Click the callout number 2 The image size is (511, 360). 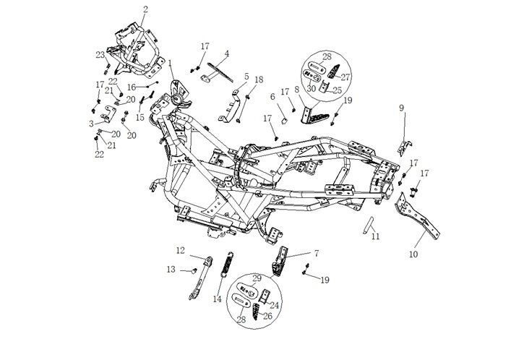click(145, 9)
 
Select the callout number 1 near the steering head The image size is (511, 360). click(171, 63)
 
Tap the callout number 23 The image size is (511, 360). click(100, 55)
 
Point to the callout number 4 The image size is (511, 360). click(226, 53)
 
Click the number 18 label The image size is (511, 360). click(259, 80)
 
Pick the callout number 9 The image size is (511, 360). click(402, 108)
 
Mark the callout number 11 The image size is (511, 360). click(375, 236)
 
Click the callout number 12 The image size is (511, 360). click(180, 251)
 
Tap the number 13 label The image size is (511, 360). click(171, 269)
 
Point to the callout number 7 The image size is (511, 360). click(316, 253)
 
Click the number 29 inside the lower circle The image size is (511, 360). click(257, 278)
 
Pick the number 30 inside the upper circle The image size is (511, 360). click(312, 88)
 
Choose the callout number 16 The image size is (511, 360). click(132, 87)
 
